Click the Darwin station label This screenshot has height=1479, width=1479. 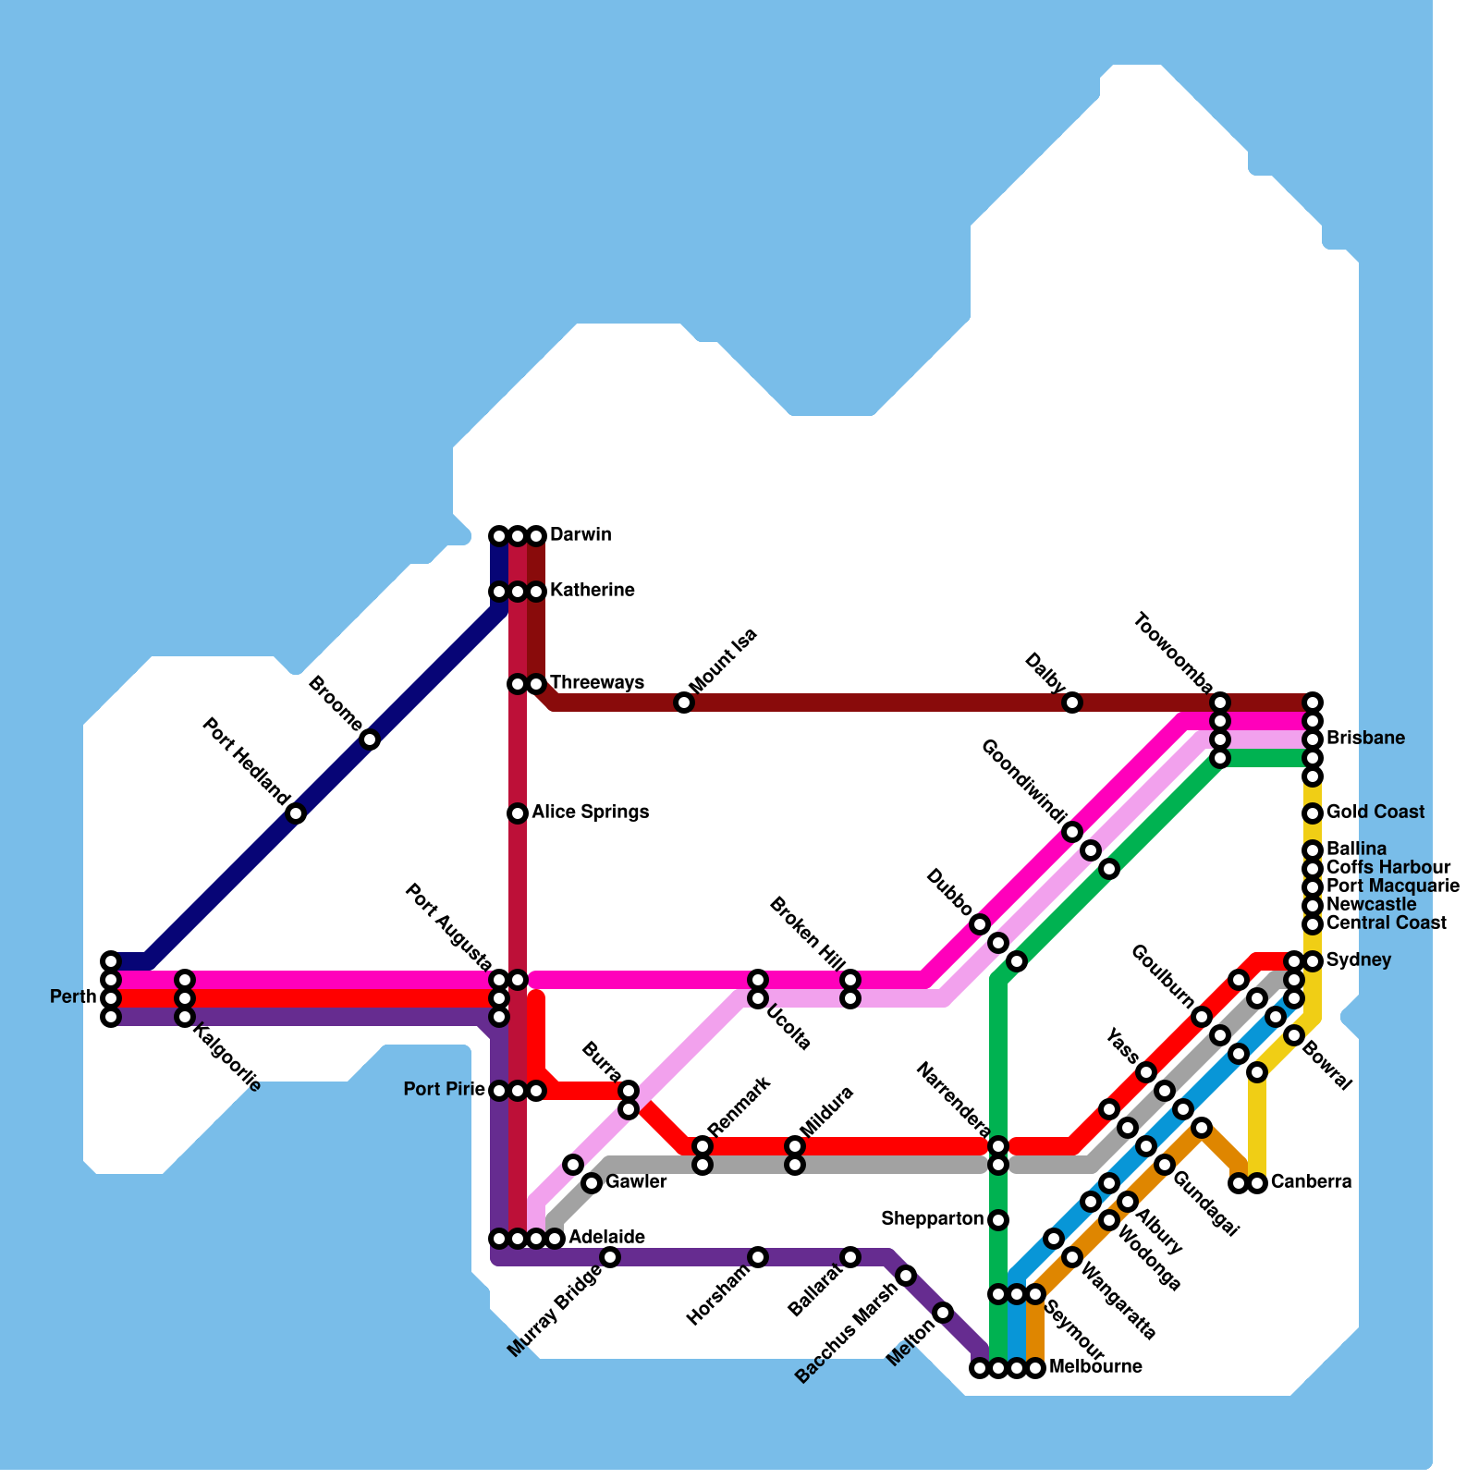click(580, 535)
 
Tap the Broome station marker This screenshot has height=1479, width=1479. click(370, 739)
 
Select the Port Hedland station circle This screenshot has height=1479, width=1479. click(296, 813)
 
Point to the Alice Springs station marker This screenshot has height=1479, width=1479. click(518, 813)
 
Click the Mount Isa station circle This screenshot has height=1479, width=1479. click(684, 703)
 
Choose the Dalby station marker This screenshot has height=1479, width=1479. click(1072, 703)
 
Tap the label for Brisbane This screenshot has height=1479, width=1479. click(1365, 739)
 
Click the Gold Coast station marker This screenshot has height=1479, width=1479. click(1313, 813)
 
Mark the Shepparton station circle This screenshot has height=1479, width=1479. click(998, 1220)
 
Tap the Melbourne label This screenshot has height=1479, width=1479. click(1095, 1367)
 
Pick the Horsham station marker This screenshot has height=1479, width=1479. click(758, 1257)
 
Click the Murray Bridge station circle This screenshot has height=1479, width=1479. click(610, 1257)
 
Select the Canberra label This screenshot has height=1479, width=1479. click(1311, 1182)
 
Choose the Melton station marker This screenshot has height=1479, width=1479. click(943, 1313)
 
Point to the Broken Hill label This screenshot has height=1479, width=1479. click(807, 935)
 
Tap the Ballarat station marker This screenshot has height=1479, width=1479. click(850, 1257)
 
